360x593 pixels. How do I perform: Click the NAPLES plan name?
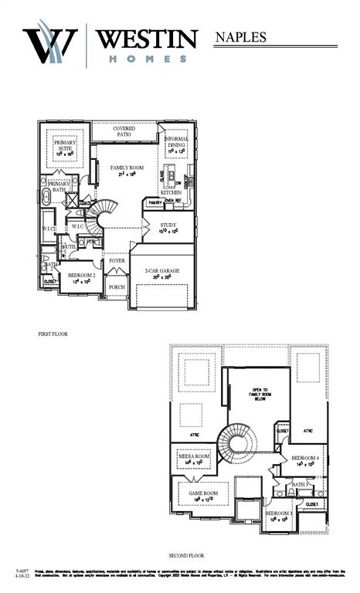pyautogui.click(x=240, y=36)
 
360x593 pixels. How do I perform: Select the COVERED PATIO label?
pyautogui.click(x=123, y=131)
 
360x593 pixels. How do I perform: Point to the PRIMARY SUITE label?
pyautogui.click(x=64, y=147)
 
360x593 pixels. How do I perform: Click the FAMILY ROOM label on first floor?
pyautogui.click(x=127, y=170)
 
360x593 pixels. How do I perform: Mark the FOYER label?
pyautogui.click(x=117, y=261)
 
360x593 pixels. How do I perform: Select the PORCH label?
pyautogui.click(x=117, y=288)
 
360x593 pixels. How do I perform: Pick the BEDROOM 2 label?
pyautogui.click(x=81, y=277)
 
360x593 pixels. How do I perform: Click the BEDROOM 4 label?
pyautogui.click(x=306, y=460)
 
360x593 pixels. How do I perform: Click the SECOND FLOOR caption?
pyautogui.click(x=186, y=555)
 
